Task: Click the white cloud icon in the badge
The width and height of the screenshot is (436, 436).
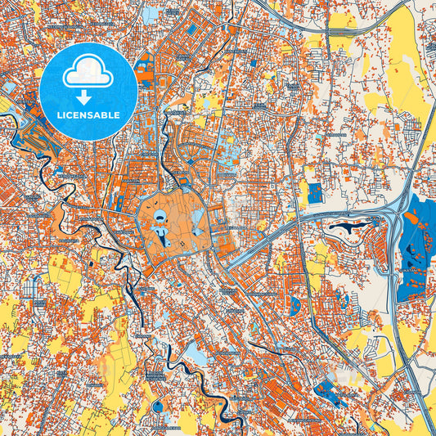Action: click(x=88, y=72)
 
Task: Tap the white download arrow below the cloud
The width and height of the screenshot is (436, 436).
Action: click(x=88, y=92)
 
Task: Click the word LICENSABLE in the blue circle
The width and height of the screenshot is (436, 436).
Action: click(x=88, y=115)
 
